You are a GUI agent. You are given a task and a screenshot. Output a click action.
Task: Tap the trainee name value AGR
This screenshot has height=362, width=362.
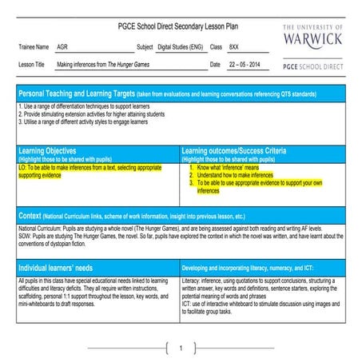[64, 47]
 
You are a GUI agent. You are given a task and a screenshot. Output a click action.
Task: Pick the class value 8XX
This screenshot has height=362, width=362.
[233, 47]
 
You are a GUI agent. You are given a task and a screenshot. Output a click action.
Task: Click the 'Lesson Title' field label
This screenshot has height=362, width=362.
[33, 63]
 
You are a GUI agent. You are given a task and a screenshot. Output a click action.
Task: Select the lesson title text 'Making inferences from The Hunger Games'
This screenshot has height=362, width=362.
[102, 63]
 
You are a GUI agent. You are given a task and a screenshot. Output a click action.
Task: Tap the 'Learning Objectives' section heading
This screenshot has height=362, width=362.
[48, 150]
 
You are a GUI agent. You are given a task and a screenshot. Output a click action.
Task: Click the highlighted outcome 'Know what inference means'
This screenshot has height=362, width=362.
[234, 168]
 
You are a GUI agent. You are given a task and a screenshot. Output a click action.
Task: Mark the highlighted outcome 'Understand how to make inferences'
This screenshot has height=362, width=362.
[238, 175]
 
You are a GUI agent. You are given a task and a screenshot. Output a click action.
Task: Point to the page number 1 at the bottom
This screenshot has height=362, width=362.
[182, 348]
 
